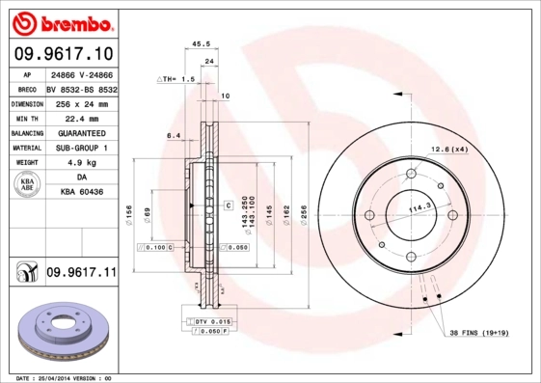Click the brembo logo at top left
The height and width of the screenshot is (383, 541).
pyautogui.click(x=61, y=21)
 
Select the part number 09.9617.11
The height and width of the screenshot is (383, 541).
pyautogui.click(x=81, y=274)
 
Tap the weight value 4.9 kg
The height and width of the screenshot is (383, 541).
pyautogui.click(x=81, y=163)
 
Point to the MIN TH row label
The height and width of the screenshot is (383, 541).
pyautogui.click(x=27, y=118)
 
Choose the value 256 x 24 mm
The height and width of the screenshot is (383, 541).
pyautogui.click(x=81, y=103)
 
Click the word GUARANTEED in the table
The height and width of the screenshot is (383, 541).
pyautogui.click(x=81, y=133)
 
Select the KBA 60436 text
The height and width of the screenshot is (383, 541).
pyautogui.click(x=81, y=192)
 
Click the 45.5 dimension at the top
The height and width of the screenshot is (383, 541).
pyautogui.click(x=202, y=44)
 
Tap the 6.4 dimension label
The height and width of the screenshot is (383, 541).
pyautogui.click(x=174, y=136)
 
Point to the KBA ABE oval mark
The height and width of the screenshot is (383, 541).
pyautogui.click(x=28, y=185)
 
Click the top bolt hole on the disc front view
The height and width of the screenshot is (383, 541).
pyautogui.click(x=410, y=175)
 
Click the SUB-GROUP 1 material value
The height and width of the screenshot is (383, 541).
pyautogui.click(x=81, y=148)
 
